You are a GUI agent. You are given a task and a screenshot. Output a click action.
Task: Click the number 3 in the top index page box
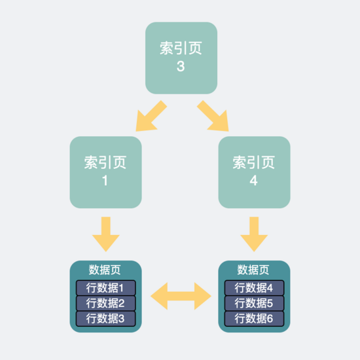pyautogui.click(x=181, y=66)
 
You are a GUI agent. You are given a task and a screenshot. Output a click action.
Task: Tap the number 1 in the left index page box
pyautogui.click(x=105, y=181)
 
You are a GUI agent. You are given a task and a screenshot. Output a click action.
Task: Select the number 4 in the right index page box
pyautogui.click(x=253, y=181)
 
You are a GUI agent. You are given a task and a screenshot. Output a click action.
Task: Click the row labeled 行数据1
pyautogui.click(x=106, y=288)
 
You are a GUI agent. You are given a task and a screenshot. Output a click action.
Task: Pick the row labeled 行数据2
pyautogui.click(x=106, y=303)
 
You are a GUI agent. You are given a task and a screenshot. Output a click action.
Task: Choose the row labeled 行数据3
pyautogui.click(x=106, y=319)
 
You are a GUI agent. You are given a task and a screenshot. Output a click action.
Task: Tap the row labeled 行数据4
pyautogui.click(x=254, y=288)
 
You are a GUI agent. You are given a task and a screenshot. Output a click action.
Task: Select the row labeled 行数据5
pyautogui.click(x=254, y=303)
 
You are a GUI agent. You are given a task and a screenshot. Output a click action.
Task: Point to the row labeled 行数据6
pyautogui.click(x=254, y=319)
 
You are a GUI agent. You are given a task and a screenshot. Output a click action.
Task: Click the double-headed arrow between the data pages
pyautogui.click(x=181, y=296)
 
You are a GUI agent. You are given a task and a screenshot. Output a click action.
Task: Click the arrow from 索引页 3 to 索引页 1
pyautogui.click(x=151, y=117)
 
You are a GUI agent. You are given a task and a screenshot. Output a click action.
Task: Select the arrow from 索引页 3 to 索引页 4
pyautogui.click(x=212, y=117)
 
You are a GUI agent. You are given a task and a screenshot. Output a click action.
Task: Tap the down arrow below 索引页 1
pyautogui.click(x=106, y=234)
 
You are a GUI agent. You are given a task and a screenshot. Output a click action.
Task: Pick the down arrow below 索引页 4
pyautogui.click(x=254, y=234)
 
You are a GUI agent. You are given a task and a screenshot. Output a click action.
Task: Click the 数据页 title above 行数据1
pyautogui.click(x=105, y=270)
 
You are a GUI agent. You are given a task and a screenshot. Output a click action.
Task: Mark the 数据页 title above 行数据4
pyautogui.click(x=253, y=270)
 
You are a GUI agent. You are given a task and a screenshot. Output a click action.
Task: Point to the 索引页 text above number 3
pyautogui.click(x=181, y=48)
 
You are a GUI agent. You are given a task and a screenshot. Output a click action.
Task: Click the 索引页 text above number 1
pyautogui.click(x=105, y=162)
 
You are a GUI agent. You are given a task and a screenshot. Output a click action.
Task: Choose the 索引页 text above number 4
pyautogui.click(x=254, y=162)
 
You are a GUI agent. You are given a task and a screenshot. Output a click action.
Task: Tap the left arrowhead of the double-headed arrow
pyautogui.click(x=159, y=296)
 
